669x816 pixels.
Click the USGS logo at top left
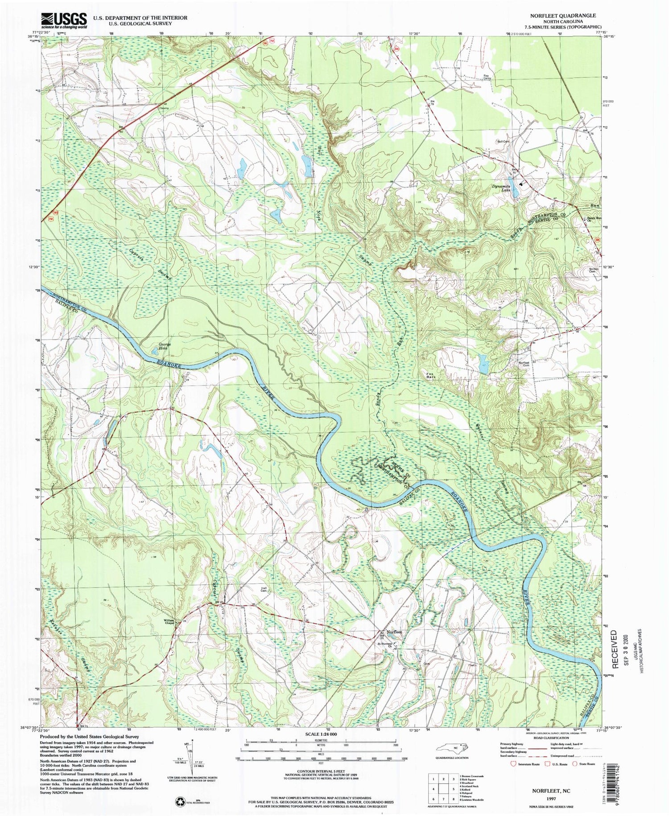(64, 20)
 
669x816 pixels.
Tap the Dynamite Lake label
(500, 188)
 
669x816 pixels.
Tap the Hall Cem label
(264, 590)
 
